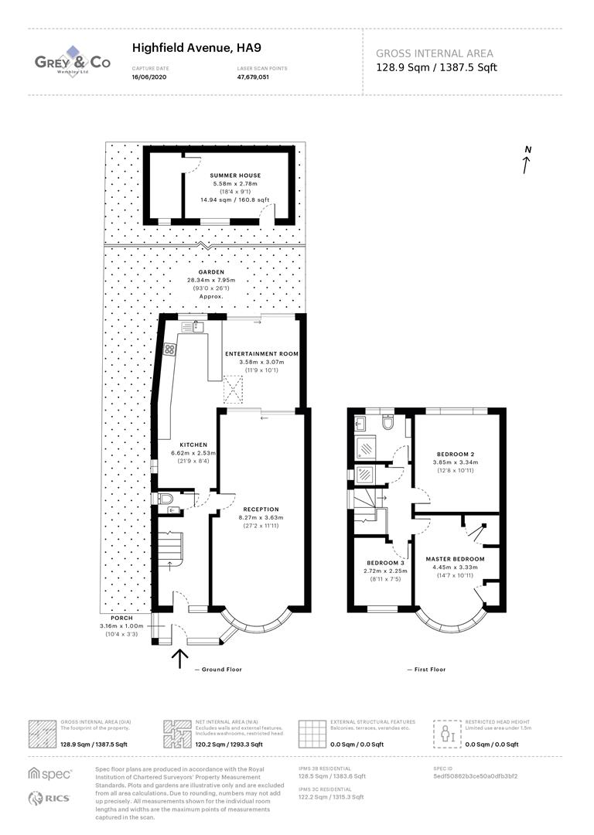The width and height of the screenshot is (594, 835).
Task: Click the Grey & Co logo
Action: tap(73, 62)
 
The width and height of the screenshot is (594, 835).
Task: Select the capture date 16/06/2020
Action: tap(148, 77)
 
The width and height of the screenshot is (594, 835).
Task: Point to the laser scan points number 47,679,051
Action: tap(253, 77)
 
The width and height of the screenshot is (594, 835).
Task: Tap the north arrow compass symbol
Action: tap(527, 160)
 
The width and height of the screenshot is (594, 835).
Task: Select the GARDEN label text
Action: tap(211, 272)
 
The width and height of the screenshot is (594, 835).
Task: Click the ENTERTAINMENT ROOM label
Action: tap(261, 353)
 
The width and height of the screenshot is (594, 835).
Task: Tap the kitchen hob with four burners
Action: tap(169, 349)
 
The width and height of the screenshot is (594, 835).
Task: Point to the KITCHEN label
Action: tap(193, 445)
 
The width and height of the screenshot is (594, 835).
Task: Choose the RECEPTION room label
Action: tap(261, 509)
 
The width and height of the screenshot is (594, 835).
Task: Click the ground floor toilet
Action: tap(163, 500)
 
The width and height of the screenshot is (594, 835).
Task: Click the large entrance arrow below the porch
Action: tap(179, 658)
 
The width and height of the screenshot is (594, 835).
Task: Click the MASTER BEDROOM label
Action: tap(455, 558)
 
